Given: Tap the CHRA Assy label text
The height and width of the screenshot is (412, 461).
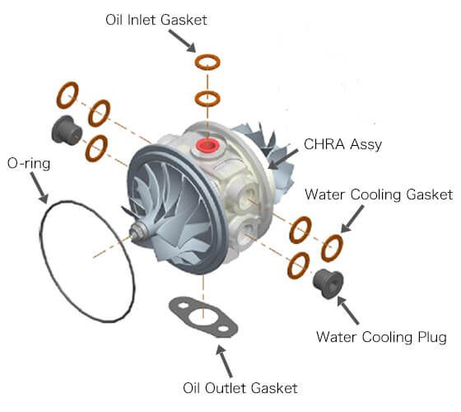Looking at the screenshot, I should coord(344,145).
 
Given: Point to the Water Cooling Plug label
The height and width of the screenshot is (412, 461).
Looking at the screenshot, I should coord(381,336).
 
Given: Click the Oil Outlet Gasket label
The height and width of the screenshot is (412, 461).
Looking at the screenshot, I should coord(240,387).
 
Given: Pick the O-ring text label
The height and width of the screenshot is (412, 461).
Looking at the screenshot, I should coord(28,163).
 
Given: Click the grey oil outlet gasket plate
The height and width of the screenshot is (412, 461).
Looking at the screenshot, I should coord(203,317).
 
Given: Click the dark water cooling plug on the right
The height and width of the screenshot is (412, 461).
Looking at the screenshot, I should coord(328,283).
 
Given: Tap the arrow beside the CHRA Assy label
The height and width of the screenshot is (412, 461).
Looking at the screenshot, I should coord(283,156).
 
